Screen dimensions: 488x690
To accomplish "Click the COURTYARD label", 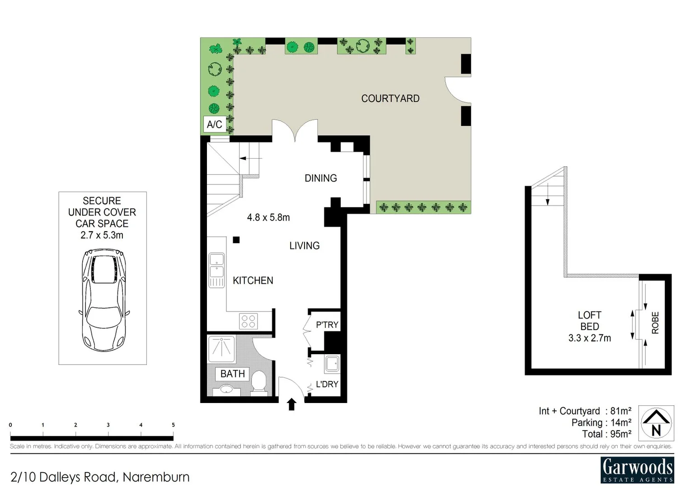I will (x=390, y=99).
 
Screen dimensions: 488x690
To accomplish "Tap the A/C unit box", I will (x=214, y=124).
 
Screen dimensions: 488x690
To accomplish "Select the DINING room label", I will (x=320, y=178).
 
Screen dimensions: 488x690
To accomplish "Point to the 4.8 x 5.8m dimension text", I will (x=268, y=217).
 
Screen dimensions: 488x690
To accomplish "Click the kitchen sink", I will (x=216, y=270).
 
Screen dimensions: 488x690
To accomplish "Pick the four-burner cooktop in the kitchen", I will (x=249, y=321).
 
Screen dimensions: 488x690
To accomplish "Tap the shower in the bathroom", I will (x=221, y=349).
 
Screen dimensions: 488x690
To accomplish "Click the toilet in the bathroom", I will (x=258, y=382).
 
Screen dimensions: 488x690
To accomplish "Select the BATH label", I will (x=232, y=374).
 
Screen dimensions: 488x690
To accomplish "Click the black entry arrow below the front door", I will (x=291, y=404).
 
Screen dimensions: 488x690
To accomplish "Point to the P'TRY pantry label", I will (x=327, y=325).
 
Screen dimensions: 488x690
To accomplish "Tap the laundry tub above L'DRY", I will (x=332, y=364).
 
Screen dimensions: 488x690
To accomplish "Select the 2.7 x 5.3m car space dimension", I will (x=102, y=235).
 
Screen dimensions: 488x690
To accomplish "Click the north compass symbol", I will (x=656, y=423).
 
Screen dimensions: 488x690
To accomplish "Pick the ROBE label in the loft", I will (x=655, y=323).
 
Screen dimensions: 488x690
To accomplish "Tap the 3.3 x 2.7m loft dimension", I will (x=589, y=338).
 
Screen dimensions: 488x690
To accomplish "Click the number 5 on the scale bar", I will (x=173, y=425).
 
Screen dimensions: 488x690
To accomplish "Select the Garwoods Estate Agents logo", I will (x=637, y=470).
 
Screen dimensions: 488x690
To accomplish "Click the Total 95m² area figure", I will (x=606, y=434).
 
